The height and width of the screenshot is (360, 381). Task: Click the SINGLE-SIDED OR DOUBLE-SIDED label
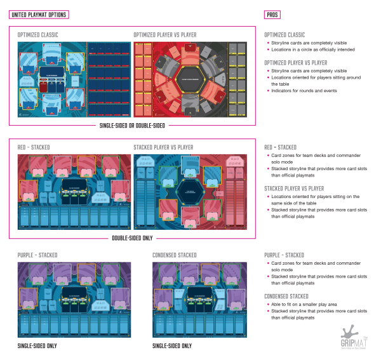(x=133, y=125)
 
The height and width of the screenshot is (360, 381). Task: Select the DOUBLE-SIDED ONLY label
(x=133, y=238)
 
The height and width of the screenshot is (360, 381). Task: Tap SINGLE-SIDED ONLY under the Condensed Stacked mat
(x=172, y=346)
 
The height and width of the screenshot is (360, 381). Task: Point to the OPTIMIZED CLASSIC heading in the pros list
(x=284, y=34)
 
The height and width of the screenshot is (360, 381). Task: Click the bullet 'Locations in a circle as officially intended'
(x=311, y=50)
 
